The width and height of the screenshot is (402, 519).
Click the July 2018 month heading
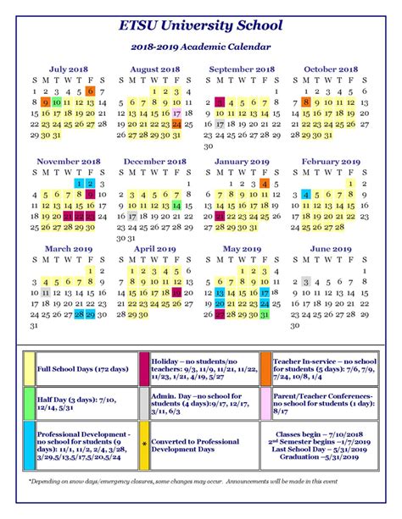[68, 69]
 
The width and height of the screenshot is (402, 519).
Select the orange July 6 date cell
[91, 91]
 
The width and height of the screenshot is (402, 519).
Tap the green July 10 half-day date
[56, 102]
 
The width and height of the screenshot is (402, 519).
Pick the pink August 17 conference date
[177, 113]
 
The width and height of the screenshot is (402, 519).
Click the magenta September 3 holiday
[220, 102]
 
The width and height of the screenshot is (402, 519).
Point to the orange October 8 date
[306, 102]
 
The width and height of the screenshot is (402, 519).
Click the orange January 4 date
[265, 183]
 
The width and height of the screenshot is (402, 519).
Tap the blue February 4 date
[306, 194]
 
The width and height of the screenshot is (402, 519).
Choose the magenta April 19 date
[177, 292]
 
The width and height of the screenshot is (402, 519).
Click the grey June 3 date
[306, 281]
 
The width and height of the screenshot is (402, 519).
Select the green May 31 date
[265, 314]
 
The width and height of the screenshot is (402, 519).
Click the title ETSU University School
[200, 26]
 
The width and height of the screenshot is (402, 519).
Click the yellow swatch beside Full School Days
[30, 368]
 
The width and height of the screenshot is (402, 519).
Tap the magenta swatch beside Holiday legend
[143, 368]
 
